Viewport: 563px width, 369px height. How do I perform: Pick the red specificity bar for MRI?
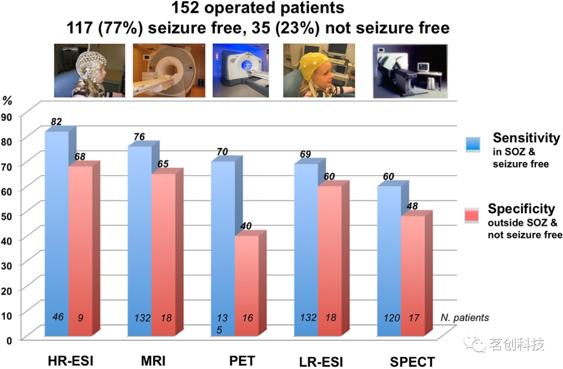pos(163,250)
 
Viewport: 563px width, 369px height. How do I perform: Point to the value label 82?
pos(56,121)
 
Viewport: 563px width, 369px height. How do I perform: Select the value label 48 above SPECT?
pos(412,206)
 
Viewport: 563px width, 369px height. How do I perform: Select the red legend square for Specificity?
pos(473,214)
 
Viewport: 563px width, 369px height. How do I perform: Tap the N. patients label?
pos(464,317)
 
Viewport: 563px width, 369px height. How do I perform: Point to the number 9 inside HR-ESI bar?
pos(81,317)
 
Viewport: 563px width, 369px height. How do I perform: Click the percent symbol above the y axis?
pos(8,100)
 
